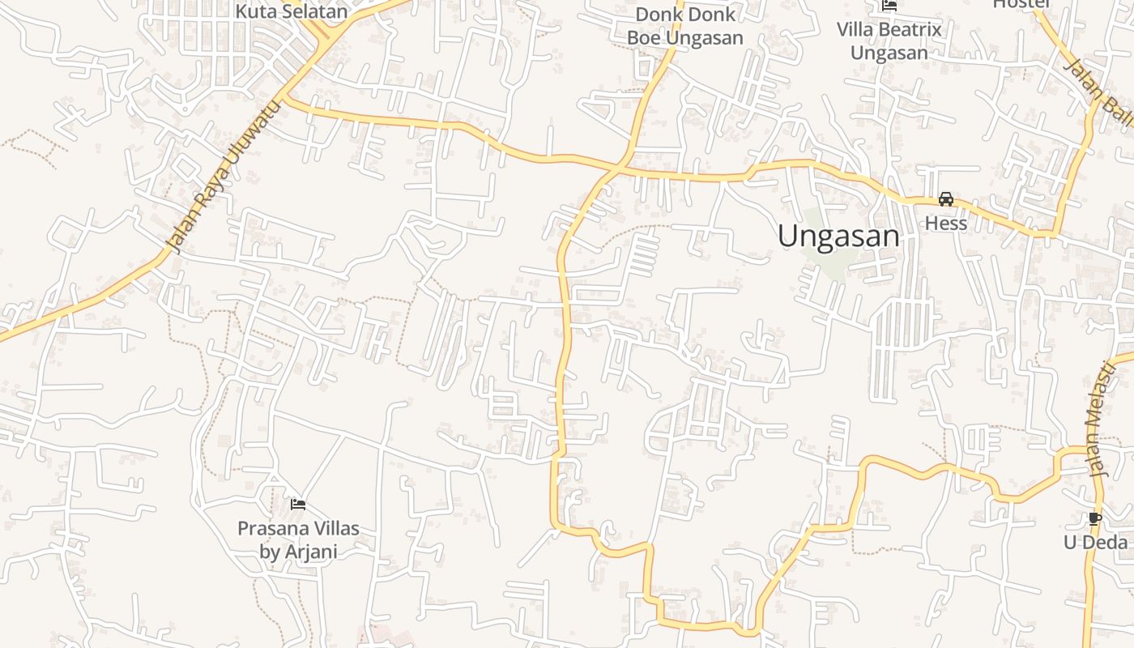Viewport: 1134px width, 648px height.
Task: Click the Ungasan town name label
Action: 838,237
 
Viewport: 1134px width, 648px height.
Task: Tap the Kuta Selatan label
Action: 292,11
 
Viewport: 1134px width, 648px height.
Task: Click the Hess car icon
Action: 945,199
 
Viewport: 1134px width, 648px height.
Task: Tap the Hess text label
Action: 946,223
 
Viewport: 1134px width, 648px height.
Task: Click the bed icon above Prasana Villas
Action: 298,505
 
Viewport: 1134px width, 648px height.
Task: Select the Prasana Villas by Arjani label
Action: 298,540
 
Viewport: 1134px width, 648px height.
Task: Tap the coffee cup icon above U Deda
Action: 1095,518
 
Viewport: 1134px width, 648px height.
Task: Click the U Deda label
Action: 1095,542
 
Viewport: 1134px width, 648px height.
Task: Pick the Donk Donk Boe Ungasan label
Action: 684,26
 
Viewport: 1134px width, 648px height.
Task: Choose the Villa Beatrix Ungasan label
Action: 889,41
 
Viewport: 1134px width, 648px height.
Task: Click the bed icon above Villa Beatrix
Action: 889,6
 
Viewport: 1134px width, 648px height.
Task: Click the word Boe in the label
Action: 645,38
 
